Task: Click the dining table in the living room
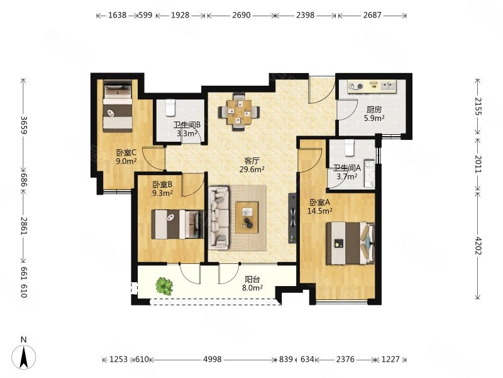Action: pos(239,112)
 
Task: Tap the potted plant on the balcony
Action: pos(164,286)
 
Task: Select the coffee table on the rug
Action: pos(246,217)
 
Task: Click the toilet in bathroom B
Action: pos(170,108)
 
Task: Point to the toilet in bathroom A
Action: pos(349,147)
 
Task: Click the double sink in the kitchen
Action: pos(389,86)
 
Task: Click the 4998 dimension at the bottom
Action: pos(213,359)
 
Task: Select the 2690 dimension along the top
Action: pos(241,15)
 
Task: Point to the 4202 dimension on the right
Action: pos(478,246)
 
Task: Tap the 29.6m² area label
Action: pos(252,169)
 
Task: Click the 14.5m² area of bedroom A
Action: pos(319,211)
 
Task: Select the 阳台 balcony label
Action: pos(252,280)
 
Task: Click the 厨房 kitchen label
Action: pos(374,110)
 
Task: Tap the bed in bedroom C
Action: pos(118,105)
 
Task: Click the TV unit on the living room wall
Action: pos(292,218)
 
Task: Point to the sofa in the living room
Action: pos(219,218)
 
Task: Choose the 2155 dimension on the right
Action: pos(478,106)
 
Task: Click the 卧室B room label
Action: pos(162,185)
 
